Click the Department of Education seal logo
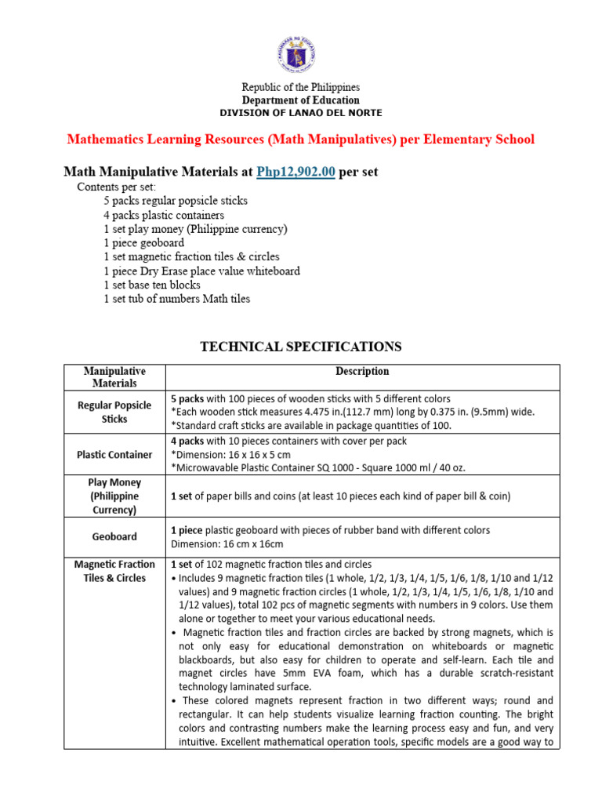point(300,51)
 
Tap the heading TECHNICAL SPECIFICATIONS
point(301,347)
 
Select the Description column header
point(362,372)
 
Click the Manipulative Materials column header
point(114,377)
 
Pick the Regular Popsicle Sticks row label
point(114,412)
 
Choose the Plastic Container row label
point(114,455)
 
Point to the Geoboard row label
point(114,537)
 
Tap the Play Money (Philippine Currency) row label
point(114,496)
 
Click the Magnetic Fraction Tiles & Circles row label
point(114,571)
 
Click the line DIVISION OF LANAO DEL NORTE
point(300,114)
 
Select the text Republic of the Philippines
point(300,87)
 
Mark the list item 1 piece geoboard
point(143,243)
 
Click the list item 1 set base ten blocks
point(151,285)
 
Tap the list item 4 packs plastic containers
point(163,215)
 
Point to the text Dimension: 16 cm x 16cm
point(227,544)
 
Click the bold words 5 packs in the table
point(187,399)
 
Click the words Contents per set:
point(116,187)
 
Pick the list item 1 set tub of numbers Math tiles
point(176,299)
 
